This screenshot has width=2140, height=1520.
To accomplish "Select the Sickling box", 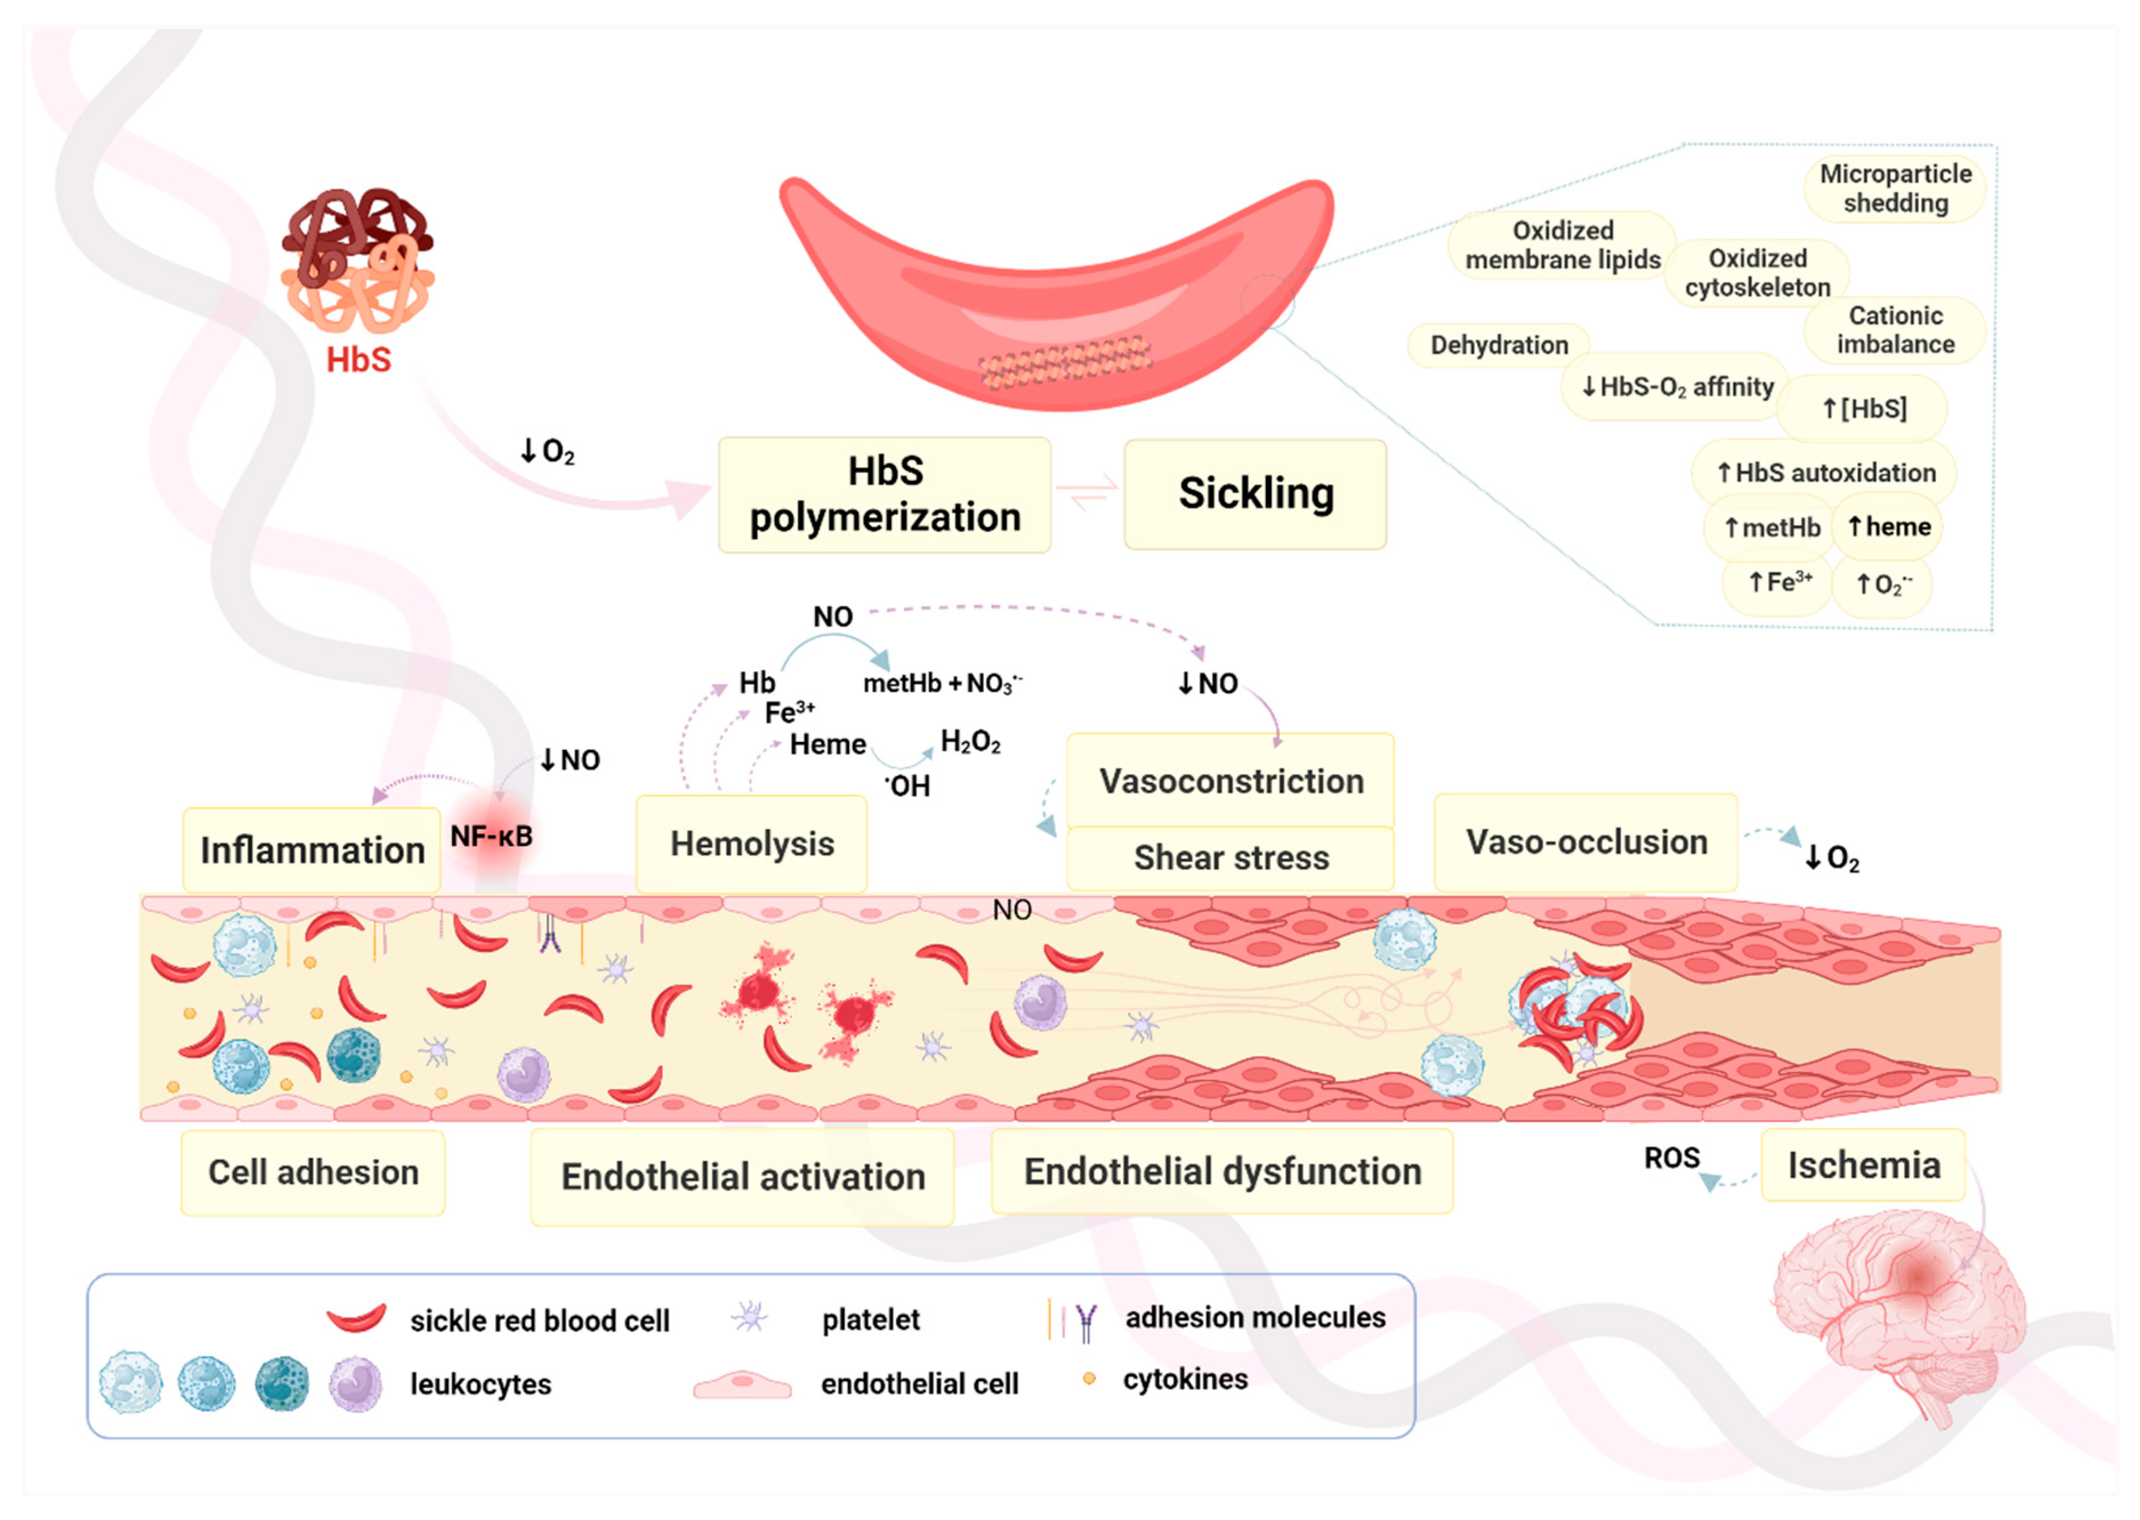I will click(x=1255, y=494).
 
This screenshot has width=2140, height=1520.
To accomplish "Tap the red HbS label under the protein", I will click(x=358, y=360).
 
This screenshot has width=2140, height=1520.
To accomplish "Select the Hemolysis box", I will click(x=752, y=843).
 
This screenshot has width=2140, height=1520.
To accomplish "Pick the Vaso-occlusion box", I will click(x=1586, y=841).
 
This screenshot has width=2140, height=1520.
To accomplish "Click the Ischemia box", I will click(x=1863, y=1166).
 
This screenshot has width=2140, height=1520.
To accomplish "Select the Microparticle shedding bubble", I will click(x=1895, y=189).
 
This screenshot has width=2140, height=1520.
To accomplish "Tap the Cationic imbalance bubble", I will click(x=1895, y=329).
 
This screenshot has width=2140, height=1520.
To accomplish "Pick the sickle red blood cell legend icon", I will click(x=356, y=1318).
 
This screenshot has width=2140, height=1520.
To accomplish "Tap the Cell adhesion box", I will click(x=313, y=1172).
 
